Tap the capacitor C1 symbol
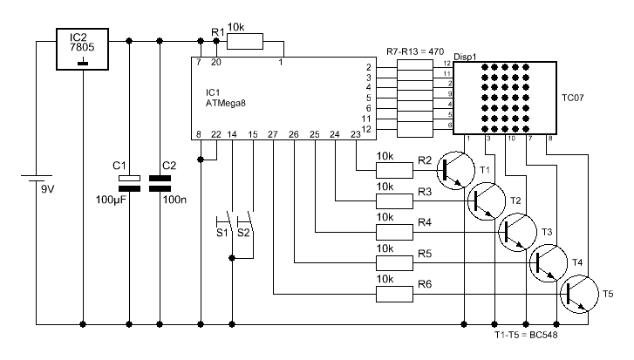point(129,183)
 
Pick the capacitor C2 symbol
point(160,183)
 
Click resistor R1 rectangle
point(245,41)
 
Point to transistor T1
point(456,170)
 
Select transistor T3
point(517,233)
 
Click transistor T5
point(579,294)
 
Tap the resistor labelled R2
point(395,170)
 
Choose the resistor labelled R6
point(395,294)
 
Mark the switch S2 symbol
point(246,221)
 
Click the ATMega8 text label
point(226,103)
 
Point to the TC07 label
point(573,98)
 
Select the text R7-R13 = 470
point(415,51)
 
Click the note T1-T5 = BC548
point(526,335)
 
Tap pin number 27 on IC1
point(273,134)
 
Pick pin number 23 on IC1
point(356,134)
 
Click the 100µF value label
point(111,200)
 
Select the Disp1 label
point(465,58)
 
